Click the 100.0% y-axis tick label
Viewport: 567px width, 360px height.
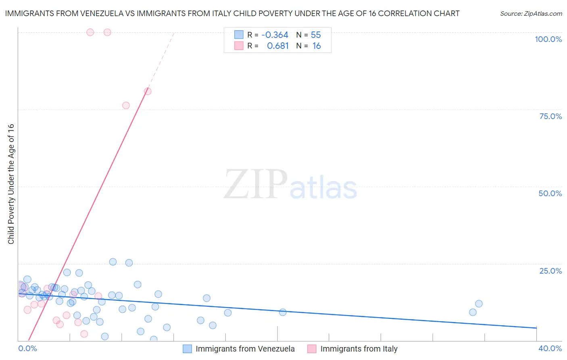coord(548,39)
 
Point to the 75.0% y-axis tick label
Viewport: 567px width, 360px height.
coord(550,116)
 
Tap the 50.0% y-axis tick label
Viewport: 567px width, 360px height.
coord(550,193)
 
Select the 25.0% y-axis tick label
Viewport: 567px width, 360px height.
coord(550,271)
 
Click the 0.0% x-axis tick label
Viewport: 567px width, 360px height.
coord(27,348)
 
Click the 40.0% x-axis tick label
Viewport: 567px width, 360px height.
coord(550,348)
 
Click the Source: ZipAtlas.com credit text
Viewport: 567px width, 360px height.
coord(531,14)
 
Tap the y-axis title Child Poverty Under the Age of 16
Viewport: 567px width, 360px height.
coord(11,184)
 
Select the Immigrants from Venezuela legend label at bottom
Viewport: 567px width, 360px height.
coord(245,349)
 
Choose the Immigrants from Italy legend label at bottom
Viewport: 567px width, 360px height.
coord(359,349)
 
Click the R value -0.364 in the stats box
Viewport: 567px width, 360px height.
coord(275,35)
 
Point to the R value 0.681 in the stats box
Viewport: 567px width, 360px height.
coord(278,46)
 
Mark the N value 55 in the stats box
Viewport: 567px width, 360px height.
coord(316,35)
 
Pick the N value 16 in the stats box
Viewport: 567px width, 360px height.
coord(317,46)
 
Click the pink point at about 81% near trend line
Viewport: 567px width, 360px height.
coord(148,91)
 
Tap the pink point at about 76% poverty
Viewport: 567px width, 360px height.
coord(126,105)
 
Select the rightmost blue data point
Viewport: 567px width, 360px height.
coord(479,303)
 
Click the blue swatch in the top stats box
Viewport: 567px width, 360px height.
coord(239,35)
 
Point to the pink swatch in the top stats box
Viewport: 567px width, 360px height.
coord(239,46)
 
